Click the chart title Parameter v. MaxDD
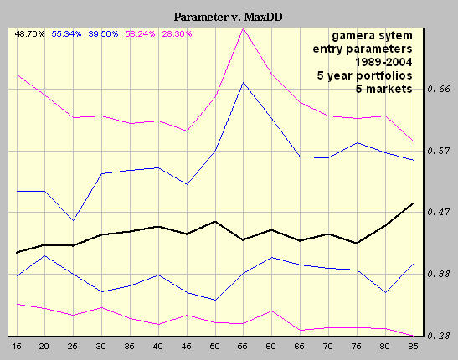pos(229,17)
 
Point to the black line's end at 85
pos(413,203)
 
